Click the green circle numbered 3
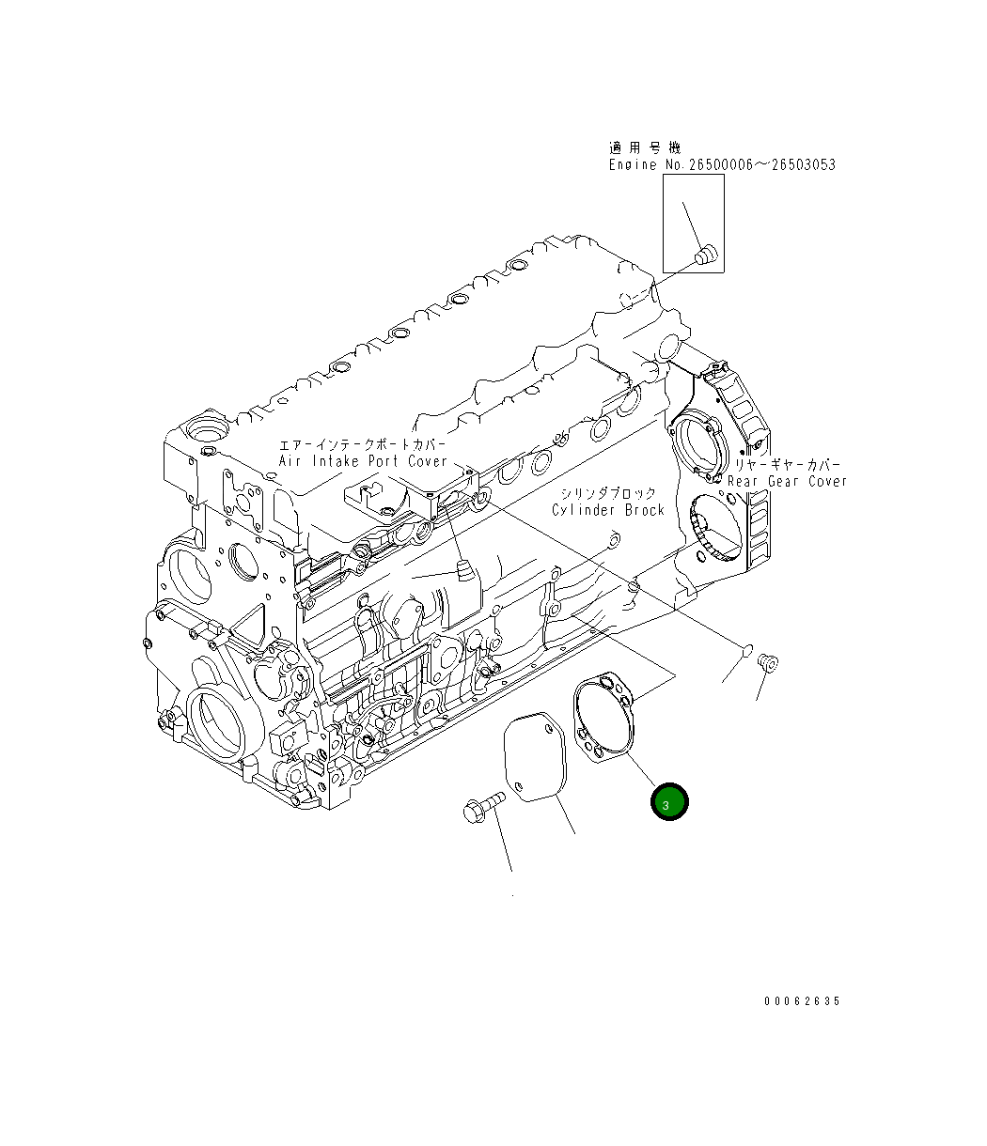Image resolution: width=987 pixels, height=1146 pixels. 670,801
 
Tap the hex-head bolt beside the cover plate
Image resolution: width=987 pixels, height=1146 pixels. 482,806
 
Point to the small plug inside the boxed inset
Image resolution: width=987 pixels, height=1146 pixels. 704,253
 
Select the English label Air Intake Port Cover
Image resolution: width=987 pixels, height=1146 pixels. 363,461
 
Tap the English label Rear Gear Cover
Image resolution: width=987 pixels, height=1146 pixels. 788,481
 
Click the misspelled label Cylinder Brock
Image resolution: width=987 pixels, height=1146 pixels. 608,510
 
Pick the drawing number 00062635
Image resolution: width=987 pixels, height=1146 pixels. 802,1001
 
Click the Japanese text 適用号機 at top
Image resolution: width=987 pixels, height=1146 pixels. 645,147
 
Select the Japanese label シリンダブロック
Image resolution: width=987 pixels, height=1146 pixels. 608,493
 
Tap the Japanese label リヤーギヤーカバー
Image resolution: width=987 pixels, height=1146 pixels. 788,465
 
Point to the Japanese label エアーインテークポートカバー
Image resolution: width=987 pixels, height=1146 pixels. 363,444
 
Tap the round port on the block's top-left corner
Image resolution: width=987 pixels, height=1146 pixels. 206,432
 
